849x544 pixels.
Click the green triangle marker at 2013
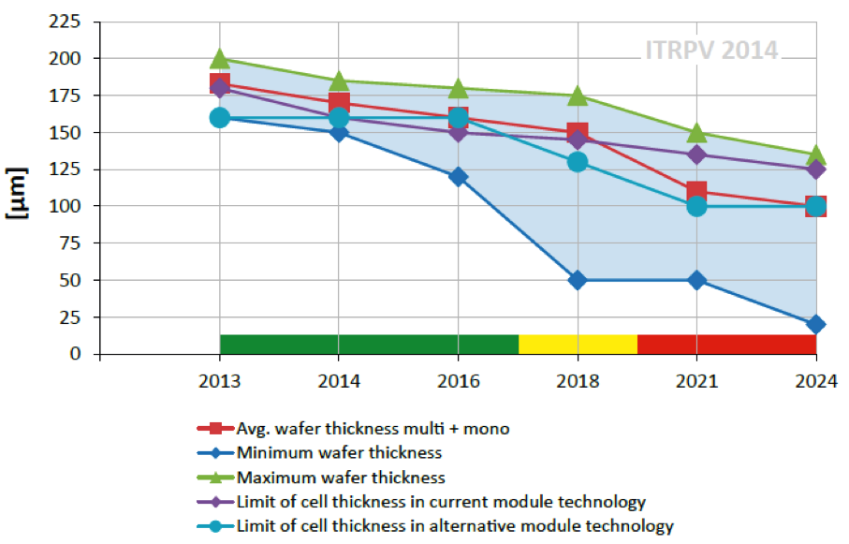[x=220, y=59]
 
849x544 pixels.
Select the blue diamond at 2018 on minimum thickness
[x=578, y=280]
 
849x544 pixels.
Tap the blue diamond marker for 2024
[x=816, y=324]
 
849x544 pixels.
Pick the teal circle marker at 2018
[x=578, y=162]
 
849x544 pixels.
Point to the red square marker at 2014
[x=339, y=103]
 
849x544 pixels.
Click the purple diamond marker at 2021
[x=696, y=154]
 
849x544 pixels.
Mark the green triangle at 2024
[x=816, y=155]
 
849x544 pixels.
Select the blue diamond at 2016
[x=459, y=176]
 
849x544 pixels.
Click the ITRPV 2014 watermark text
[x=711, y=50]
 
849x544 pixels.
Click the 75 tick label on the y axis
[x=70, y=243]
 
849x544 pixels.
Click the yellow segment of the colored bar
[x=578, y=344]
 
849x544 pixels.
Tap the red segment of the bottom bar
[x=726, y=344]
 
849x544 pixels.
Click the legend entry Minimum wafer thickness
[x=339, y=453]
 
